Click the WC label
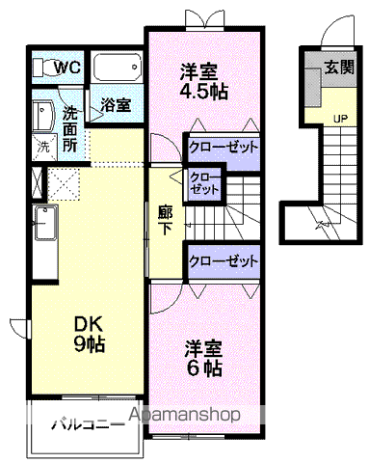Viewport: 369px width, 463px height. click(x=66, y=68)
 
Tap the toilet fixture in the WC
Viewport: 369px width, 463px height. click(x=43, y=67)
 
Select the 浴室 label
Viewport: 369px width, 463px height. click(x=117, y=105)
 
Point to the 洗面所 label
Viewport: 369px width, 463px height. click(x=71, y=129)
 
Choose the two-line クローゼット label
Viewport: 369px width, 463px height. click(x=203, y=182)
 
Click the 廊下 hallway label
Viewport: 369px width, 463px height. click(x=167, y=219)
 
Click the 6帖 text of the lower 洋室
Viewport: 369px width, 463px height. click(x=204, y=368)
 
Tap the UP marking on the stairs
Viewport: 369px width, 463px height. click(x=340, y=119)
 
